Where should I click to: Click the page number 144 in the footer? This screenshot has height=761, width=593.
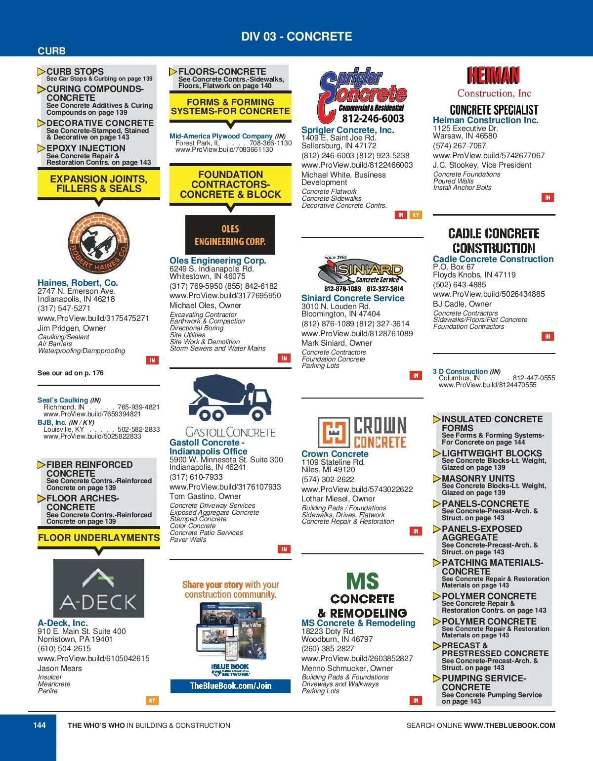coord(40,725)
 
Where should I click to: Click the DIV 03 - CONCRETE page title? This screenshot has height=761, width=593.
coord(296,37)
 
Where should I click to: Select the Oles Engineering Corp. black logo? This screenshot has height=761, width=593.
coord(230,235)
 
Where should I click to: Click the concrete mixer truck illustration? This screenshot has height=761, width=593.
coord(230,399)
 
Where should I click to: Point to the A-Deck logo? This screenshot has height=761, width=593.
coord(99,588)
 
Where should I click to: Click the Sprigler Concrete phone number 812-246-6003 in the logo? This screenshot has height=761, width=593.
coord(373,119)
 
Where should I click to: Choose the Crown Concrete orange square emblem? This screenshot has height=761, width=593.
coord(334,433)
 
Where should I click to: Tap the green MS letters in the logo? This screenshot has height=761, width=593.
coord(363,581)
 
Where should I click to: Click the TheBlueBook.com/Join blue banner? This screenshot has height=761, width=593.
coord(230,686)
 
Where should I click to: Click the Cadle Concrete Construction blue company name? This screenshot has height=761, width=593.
coord(493,259)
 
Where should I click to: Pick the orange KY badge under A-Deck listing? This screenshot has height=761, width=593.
coord(152,700)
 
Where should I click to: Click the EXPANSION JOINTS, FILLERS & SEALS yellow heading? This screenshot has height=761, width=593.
coord(99,184)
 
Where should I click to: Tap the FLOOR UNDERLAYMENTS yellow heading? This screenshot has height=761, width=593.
coord(99,537)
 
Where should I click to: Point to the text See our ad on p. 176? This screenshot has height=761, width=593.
coord(71,373)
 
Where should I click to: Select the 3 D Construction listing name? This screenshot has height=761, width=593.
coord(461,371)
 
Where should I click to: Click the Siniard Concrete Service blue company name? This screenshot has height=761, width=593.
coord(353,298)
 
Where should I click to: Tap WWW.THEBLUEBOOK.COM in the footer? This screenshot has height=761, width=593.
coord(509,725)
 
